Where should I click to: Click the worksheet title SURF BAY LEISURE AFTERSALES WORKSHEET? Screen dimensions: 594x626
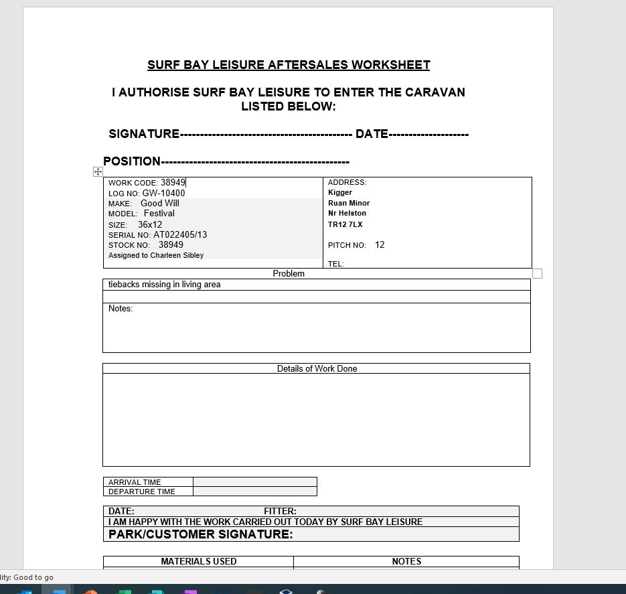(x=289, y=65)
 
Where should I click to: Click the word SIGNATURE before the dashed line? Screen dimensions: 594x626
(x=144, y=134)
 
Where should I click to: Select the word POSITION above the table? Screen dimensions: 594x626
(x=132, y=161)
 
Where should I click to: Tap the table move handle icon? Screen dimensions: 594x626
(x=98, y=172)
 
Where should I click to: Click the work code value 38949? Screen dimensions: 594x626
(x=173, y=182)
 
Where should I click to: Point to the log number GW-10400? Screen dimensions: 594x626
(x=163, y=193)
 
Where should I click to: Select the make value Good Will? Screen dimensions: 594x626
(x=160, y=203)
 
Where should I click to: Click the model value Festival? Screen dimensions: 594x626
(x=159, y=213)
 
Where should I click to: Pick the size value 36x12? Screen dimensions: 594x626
(x=150, y=224)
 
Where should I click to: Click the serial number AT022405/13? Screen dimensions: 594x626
(x=180, y=234)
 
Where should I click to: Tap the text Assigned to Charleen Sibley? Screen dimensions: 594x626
(x=156, y=255)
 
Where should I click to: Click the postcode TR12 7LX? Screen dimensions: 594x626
(x=345, y=224)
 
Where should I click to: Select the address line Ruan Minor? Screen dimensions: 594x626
(x=349, y=203)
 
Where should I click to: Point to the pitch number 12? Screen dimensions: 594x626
(x=380, y=244)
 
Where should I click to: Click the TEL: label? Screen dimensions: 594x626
(x=336, y=264)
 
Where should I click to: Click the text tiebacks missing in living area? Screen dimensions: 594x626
(x=164, y=285)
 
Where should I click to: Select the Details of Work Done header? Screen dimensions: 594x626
(x=317, y=368)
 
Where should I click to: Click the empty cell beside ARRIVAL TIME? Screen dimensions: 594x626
(x=254, y=481)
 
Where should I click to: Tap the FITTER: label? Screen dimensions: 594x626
(x=280, y=511)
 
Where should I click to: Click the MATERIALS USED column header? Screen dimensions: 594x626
(x=198, y=561)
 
